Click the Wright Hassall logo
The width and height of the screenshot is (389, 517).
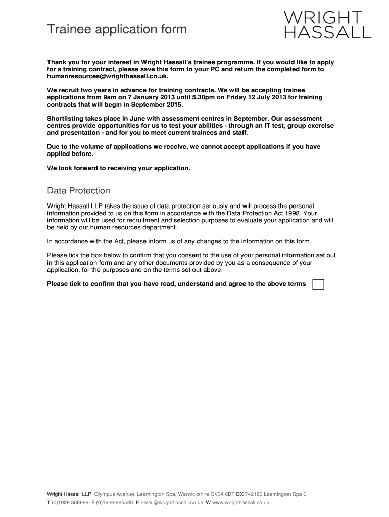(328, 24)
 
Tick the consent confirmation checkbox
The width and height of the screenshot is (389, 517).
(318, 284)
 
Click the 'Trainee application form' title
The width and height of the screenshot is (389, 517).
(117, 30)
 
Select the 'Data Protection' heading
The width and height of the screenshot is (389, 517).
(78, 191)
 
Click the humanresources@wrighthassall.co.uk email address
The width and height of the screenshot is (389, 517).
(107, 76)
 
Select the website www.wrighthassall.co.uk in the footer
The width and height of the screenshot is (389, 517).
(240, 503)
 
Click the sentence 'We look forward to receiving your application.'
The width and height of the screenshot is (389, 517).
(119, 168)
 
